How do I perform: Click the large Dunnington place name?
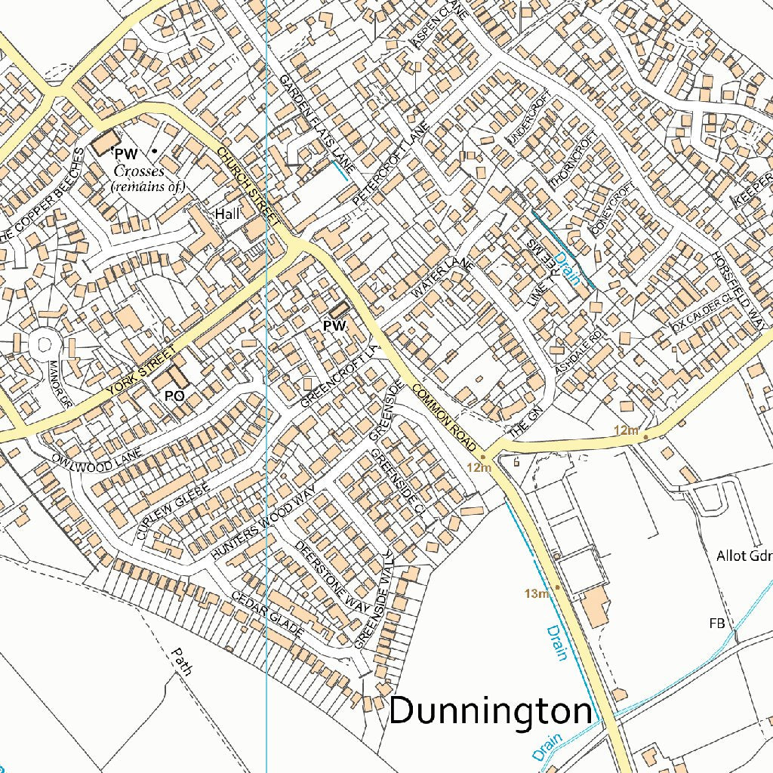tap(491, 712)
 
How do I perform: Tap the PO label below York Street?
tap(174, 395)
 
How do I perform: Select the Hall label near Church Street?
tap(227, 214)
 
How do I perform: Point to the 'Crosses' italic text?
tap(139, 171)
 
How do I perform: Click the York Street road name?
tap(141, 371)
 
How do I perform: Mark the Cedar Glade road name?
tap(267, 611)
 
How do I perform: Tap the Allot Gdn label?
tap(744, 557)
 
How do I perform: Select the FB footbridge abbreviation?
tap(716, 624)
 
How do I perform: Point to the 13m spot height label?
tap(536, 594)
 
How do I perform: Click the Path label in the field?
tap(182, 661)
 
